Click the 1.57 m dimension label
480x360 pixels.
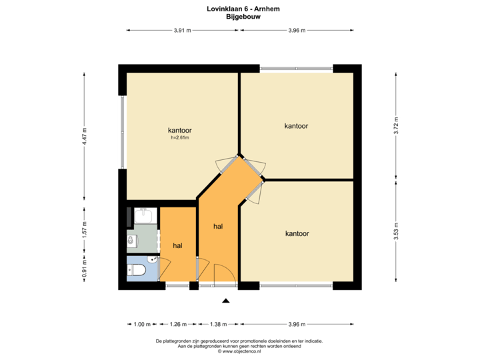[x=84, y=228]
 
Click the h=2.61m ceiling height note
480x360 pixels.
[x=180, y=138]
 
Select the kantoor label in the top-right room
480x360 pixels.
[x=296, y=125]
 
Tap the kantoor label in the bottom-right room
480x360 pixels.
[x=297, y=233]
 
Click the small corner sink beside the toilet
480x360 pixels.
[x=153, y=260]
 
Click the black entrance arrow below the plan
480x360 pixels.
[x=226, y=301]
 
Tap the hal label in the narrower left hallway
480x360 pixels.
[x=178, y=245]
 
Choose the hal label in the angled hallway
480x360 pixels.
[x=218, y=227]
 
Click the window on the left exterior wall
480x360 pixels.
[x=121, y=132]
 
